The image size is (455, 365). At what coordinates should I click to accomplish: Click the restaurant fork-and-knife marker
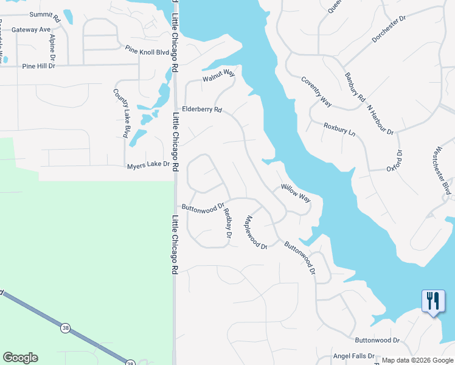[x=432, y=301]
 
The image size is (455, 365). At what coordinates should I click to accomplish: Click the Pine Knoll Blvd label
[x=147, y=51]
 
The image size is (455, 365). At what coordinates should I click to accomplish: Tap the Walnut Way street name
[x=218, y=75]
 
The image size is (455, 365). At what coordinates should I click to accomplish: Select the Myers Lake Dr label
[x=148, y=165]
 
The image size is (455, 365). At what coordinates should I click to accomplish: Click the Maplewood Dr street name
[x=256, y=232]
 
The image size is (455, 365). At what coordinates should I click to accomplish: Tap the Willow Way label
[x=296, y=193]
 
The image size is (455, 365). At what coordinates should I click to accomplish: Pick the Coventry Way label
[x=316, y=92]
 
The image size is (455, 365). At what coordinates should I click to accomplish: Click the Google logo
[x=20, y=358]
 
